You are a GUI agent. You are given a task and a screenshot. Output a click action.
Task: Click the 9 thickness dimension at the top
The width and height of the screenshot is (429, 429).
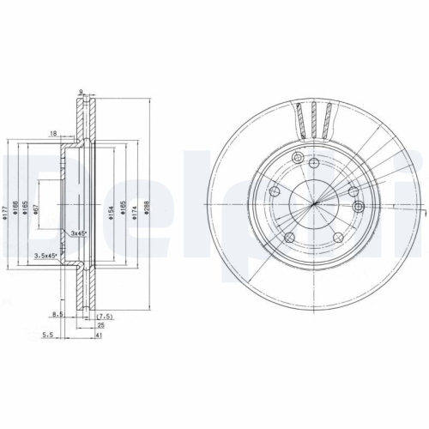pos(80,92)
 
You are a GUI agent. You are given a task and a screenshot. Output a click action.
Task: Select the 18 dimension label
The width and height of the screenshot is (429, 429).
pos(53,134)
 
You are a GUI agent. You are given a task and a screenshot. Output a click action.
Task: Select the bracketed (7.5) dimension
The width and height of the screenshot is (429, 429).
pos(106,317)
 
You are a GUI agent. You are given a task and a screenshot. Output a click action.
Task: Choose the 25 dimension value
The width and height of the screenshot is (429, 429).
pos(100,326)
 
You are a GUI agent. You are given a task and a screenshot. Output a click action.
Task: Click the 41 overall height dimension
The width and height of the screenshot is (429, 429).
pos(100,336)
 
